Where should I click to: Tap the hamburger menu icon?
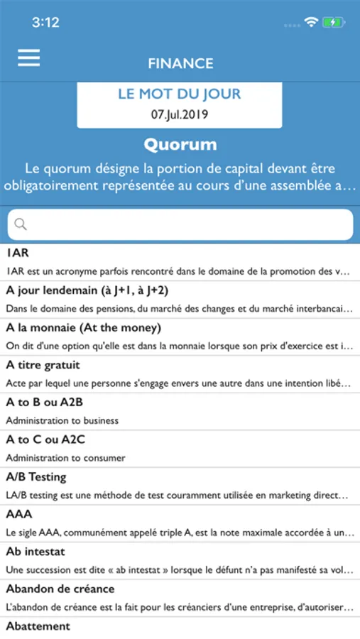(28, 58)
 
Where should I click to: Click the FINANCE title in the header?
(180, 63)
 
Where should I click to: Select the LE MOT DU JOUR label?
(180, 94)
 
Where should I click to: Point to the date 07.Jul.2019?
(180, 114)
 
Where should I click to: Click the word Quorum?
(180, 145)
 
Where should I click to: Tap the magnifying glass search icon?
(21, 224)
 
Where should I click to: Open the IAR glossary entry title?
(18, 253)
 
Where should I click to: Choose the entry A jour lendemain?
(87, 290)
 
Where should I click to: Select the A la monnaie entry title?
(83, 328)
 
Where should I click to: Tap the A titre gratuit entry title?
(43, 365)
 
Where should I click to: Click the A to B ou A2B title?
(45, 403)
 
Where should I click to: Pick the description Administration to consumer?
(65, 458)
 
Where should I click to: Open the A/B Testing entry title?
(36, 476)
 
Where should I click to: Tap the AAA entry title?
(19, 514)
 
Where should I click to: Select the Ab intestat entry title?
(36, 551)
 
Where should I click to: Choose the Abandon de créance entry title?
(60, 589)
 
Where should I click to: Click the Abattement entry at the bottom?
(38, 626)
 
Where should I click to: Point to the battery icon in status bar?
(333, 22)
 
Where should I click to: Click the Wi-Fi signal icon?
(310, 22)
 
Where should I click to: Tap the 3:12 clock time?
(45, 22)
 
